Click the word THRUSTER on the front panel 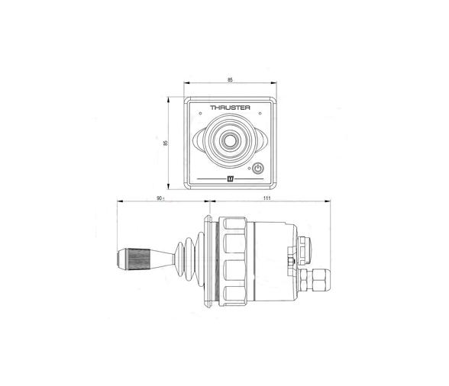(229, 109)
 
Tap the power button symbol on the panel (259, 169)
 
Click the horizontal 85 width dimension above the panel (229, 79)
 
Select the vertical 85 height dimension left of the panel (166, 143)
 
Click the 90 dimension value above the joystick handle (159, 198)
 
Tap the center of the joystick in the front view (229, 141)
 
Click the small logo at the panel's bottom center (229, 180)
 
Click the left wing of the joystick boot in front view (199, 142)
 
